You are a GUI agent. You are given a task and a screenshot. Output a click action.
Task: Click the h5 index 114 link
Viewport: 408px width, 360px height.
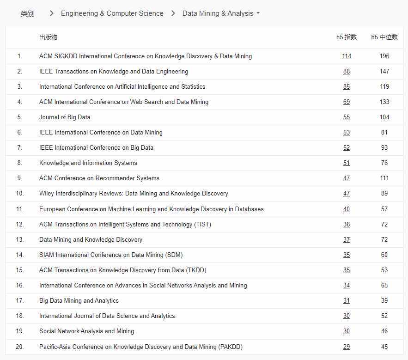pyautogui.click(x=347, y=56)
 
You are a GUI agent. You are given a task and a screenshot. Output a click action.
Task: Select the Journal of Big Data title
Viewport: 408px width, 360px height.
pyautogui.click(x=65, y=117)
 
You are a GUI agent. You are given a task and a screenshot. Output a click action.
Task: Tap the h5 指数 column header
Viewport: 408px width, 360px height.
pyautogui.click(x=347, y=37)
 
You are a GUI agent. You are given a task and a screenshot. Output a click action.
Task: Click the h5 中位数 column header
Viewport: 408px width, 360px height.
pyautogui.click(x=384, y=37)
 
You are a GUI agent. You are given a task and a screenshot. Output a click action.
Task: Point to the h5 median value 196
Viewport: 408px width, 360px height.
pyautogui.click(x=384, y=56)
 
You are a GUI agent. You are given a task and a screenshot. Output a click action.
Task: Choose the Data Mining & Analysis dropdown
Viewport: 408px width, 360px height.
pyautogui.click(x=221, y=13)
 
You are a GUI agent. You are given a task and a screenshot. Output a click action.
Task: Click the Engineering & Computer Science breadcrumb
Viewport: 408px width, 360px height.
pyautogui.click(x=112, y=13)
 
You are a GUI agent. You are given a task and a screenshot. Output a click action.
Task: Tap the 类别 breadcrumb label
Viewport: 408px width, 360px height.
pyautogui.click(x=28, y=13)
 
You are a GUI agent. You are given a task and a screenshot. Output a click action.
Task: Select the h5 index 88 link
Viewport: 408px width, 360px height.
pyautogui.click(x=347, y=72)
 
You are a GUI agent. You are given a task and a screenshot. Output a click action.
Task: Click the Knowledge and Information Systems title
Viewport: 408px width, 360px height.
pyautogui.click(x=88, y=163)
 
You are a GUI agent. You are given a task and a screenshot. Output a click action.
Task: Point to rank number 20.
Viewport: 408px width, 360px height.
pyautogui.click(x=20, y=347)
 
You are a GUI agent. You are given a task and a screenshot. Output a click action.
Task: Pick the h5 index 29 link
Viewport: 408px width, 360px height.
pyautogui.click(x=347, y=347)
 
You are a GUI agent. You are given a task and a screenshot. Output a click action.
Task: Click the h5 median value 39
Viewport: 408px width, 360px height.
pyautogui.click(x=384, y=301)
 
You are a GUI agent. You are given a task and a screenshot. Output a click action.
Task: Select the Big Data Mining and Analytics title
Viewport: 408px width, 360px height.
pyautogui.click(x=79, y=301)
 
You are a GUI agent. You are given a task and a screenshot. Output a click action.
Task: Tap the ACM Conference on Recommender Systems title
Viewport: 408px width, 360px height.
pyautogui.click(x=99, y=178)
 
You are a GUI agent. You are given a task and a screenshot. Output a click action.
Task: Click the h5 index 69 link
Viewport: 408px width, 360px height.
pyautogui.click(x=347, y=102)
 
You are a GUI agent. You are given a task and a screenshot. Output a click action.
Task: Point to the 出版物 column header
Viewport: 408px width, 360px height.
pyautogui.click(x=48, y=37)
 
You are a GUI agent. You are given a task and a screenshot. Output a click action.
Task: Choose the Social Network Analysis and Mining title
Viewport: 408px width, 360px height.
pyautogui.click(x=87, y=331)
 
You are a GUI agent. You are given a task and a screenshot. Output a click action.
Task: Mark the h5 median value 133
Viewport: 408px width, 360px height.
pyautogui.click(x=384, y=102)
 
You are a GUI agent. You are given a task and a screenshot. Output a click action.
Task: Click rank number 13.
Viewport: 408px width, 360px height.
pyautogui.click(x=20, y=240)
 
